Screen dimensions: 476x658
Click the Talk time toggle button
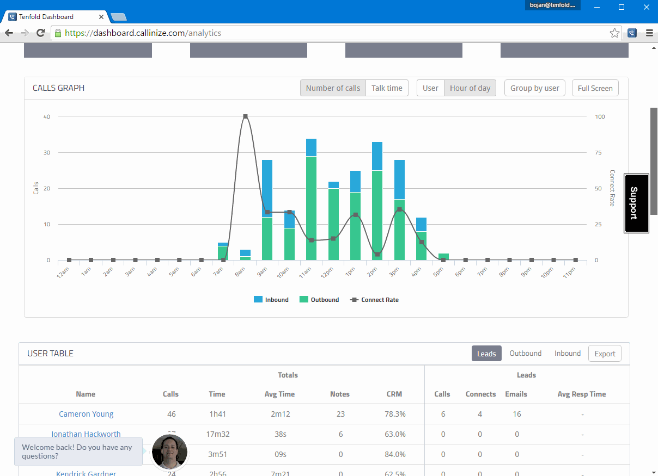click(387, 88)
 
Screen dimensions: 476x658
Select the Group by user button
click(534, 88)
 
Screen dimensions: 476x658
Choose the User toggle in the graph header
click(430, 88)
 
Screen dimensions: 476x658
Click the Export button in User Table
click(605, 354)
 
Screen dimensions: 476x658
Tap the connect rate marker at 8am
click(245, 116)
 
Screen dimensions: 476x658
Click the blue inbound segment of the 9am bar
click(267, 188)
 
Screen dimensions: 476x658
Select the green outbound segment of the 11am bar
click(311, 208)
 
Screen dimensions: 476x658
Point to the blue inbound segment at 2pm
click(377, 156)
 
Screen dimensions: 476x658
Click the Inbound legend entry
click(271, 300)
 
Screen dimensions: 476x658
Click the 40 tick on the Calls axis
click(47, 116)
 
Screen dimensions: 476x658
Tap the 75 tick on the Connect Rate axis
click(599, 152)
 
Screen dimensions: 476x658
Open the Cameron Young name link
click(86, 414)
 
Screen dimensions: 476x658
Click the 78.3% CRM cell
click(394, 414)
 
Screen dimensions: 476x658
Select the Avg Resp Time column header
click(582, 394)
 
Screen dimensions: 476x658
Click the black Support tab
click(636, 203)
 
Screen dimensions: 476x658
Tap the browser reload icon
click(40, 33)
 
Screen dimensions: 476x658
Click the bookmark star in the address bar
click(614, 33)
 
